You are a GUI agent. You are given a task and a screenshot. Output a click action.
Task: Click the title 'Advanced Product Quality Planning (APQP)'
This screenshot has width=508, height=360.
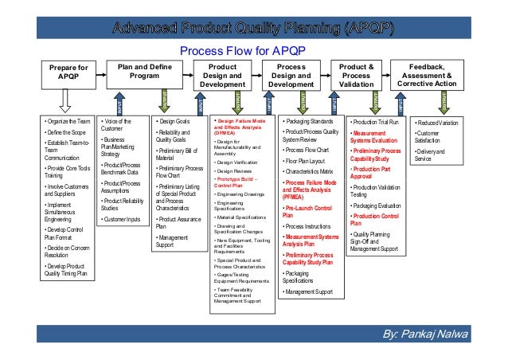tap(253, 30)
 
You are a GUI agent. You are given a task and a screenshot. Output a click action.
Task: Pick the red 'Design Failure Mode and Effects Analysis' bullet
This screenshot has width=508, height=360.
tap(242, 126)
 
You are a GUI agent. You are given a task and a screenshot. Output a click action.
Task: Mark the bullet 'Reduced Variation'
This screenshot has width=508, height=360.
tap(439, 123)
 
